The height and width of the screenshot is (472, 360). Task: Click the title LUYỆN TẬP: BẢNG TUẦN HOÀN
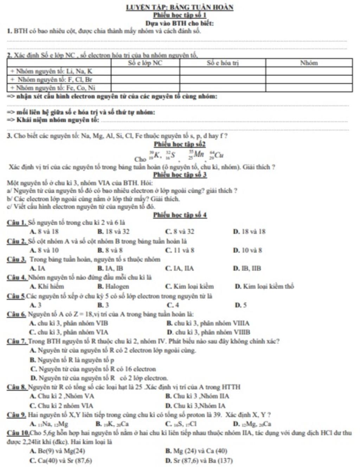[x=180, y=7]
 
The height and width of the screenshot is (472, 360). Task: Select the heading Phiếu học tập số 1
[x=180, y=15]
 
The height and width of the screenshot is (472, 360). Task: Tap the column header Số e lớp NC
[x=145, y=63]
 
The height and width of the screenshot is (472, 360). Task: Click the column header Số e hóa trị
[x=223, y=63]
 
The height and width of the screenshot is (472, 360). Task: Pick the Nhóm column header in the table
[x=309, y=63]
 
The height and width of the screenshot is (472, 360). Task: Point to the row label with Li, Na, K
[x=51, y=71]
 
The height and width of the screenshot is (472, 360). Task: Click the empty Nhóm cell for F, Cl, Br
[x=309, y=79]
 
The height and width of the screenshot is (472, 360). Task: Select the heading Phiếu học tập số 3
[x=180, y=175]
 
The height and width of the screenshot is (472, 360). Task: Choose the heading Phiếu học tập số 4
[x=180, y=215]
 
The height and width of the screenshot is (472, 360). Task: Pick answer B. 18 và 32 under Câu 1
[x=113, y=232]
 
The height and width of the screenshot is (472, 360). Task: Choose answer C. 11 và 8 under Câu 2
[x=180, y=250]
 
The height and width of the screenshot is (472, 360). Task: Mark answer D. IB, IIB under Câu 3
[x=247, y=268]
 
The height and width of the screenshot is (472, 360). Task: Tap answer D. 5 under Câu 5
[x=241, y=305]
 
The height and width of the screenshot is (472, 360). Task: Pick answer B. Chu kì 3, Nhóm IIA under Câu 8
[x=198, y=396]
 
